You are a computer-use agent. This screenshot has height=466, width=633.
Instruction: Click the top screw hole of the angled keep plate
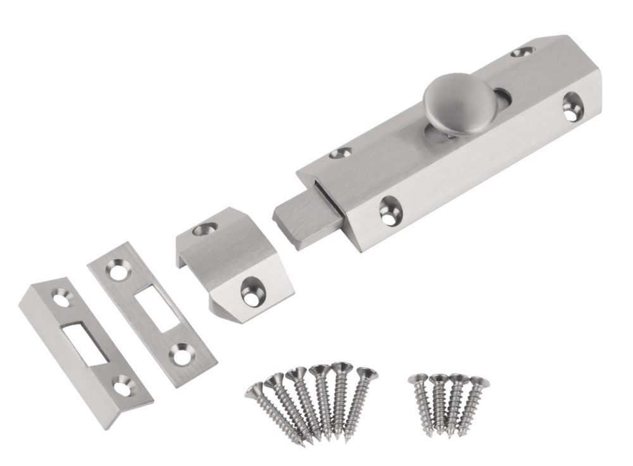(61, 295)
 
